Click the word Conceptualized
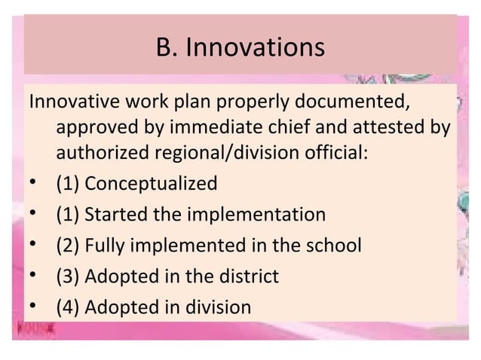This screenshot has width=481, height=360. pyautogui.click(x=151, y=183)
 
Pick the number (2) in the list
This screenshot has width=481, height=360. pyautogui.click(x=67, y=246)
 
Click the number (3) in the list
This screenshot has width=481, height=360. pyautogui.click(x=67, y=276)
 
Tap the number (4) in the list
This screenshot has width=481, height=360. pyautogui.click(x=67, y=307)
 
